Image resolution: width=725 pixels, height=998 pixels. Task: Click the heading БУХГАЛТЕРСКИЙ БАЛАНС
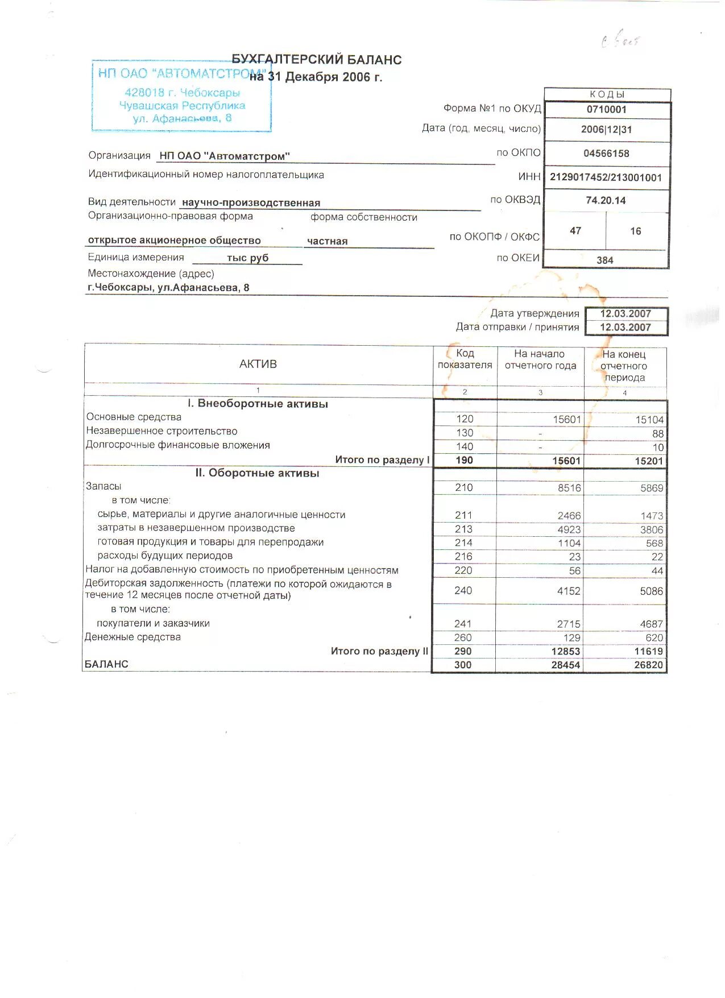[317, 60]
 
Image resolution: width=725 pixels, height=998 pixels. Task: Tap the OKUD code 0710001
[606, 110]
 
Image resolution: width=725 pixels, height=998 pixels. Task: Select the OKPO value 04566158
[606, 154]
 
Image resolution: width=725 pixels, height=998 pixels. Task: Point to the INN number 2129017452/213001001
[606, 177]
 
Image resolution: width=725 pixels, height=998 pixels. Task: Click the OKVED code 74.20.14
[606, 201]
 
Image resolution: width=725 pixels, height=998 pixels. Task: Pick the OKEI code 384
[605, 260]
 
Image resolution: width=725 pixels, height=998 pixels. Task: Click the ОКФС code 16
[635, 231]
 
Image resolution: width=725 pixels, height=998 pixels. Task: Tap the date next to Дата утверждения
[625, 314]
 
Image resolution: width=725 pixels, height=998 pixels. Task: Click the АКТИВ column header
[258, 365]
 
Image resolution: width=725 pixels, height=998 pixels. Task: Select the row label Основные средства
[134, 417]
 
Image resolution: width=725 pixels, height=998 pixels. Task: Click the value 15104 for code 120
[649, 420]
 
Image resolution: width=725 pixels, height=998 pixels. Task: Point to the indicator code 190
[464, 461]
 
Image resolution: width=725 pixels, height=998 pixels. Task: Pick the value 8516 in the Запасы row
[569, 488]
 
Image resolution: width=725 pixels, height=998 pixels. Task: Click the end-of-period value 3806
[651, 530]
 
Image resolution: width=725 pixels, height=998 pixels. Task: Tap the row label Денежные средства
[133, 637]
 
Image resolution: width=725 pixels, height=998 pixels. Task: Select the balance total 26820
[648, 665]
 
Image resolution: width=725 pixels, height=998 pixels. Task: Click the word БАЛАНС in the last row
[106, 664]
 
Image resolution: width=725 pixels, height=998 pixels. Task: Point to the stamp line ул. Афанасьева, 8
[182, 118]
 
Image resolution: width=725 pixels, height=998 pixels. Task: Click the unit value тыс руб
[247, 258]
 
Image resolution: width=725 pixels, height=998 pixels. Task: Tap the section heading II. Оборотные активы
[257, 473]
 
